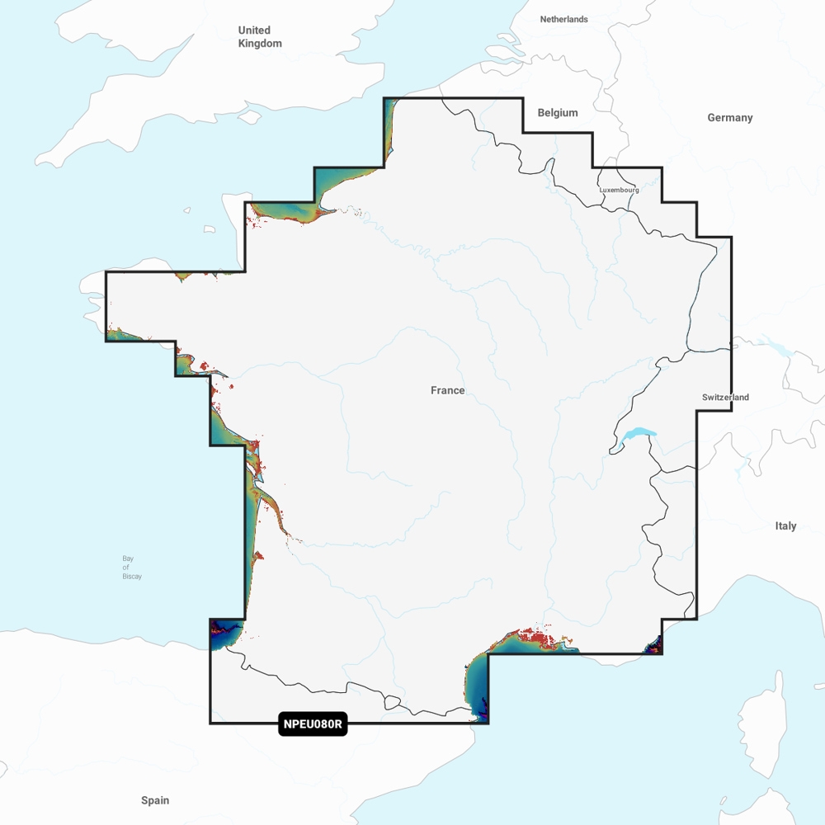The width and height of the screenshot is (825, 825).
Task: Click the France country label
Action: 448,390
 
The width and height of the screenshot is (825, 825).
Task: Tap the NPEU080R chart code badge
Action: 313,725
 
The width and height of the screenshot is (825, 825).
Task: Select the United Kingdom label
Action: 260,37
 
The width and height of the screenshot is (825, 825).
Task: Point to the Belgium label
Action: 558,113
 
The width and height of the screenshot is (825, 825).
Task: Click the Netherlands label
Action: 564,19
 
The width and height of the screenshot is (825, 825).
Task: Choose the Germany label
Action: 730,118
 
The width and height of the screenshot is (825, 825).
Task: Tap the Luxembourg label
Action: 619,190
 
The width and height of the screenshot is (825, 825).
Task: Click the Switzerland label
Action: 725,398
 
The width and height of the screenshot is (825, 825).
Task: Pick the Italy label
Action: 785,526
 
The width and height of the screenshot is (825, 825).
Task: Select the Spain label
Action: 155,800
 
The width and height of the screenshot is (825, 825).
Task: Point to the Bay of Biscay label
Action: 132,568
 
